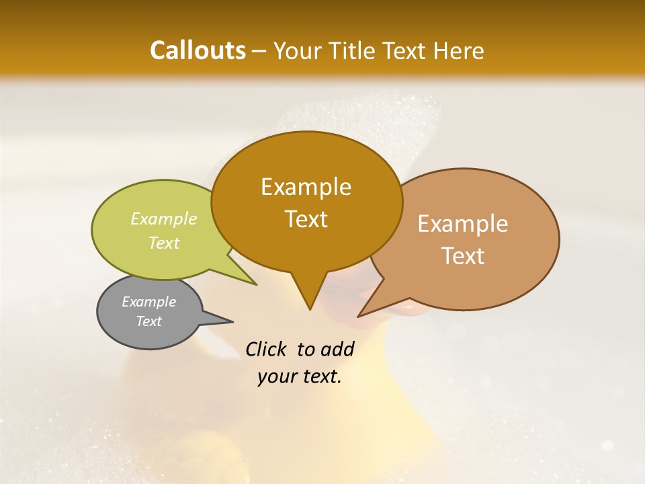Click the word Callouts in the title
198,50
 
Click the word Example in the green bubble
164,218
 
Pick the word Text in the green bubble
164,243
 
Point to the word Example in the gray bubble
148,302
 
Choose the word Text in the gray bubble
148,321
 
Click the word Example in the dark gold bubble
306,187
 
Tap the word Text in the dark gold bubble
306,219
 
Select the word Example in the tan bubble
463,224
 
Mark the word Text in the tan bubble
463,256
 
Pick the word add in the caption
337,349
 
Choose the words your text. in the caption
299,376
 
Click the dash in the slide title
259,51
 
